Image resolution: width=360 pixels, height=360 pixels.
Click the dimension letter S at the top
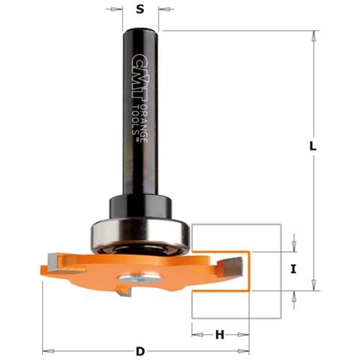(140, 10)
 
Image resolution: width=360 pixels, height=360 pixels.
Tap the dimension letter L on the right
(313, 146)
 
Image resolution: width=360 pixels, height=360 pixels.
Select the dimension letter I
(293, 269)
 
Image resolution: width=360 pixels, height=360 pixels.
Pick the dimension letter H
(220, 334)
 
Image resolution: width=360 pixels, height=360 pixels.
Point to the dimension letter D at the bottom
(140, 351)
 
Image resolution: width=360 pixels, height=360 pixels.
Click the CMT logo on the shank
(139, 80)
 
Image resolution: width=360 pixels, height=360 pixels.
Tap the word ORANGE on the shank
(144, 123)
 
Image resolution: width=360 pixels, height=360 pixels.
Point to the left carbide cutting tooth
(53, 262)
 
